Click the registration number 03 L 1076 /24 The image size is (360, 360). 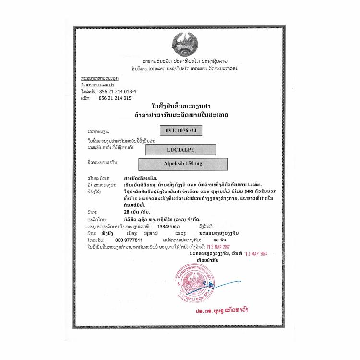pos(178,130)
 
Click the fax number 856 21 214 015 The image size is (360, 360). pos(115,97)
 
